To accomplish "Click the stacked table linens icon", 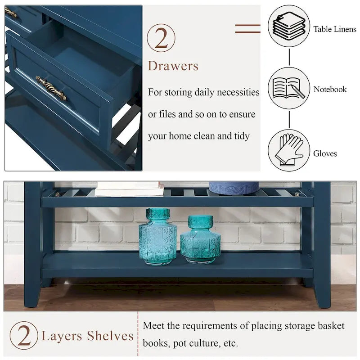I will click(289, 26).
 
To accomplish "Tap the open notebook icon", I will click(289, 88).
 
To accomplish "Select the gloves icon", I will click(289, 150).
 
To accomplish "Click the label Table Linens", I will click(335, 29).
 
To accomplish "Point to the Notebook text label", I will click(330, 89).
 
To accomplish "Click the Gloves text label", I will click(325, 153).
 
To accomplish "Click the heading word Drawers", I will click(173, 66).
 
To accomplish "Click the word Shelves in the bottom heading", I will click(110, 336).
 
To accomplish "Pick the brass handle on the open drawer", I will click(51, 88).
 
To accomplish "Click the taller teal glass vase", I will click(157, 236).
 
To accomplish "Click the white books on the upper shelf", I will click(129, 189).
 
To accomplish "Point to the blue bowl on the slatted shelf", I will click(234, 187).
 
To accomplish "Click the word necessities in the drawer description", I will click(238, 93).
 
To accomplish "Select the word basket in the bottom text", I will click(328, 325).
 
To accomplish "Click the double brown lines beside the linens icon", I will click(247, 28).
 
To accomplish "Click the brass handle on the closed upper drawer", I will click(11, 13).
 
